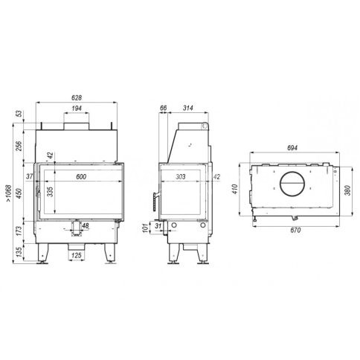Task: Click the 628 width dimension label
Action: pos(77,97)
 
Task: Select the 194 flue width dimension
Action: pos(77,109)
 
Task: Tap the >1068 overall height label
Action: pos(9,193)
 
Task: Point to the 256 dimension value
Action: pos(19,146)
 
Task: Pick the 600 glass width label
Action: pos(81,176)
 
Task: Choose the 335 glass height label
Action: pos(50,192)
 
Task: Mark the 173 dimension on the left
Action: pos(19,231)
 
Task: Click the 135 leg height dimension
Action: pos(19,252)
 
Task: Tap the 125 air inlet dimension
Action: pos(77,255)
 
